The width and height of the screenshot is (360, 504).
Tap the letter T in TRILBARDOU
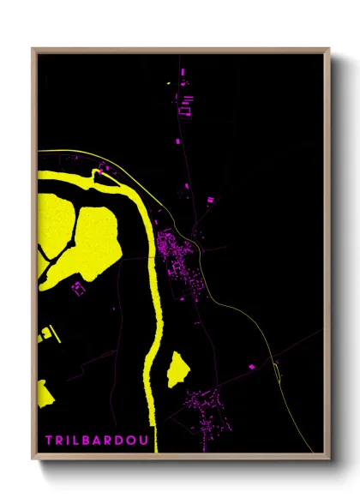click(49, 441)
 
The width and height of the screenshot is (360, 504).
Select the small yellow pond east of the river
click(178, 369)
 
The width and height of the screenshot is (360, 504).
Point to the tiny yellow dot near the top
click(169, 83)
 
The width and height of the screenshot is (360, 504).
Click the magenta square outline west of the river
click(80, 288)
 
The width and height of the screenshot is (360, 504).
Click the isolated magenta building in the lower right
click(250, 366)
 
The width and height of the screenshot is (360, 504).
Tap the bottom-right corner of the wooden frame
click(327, 458)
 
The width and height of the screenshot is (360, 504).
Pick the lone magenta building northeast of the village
click(210, 200)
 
